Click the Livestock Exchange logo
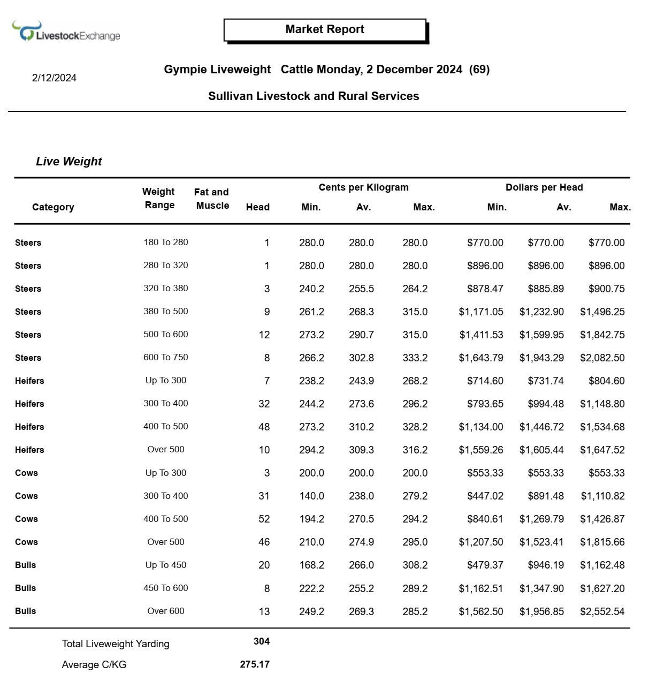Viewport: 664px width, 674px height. (66, 32)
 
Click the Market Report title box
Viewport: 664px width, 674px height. (325, 30)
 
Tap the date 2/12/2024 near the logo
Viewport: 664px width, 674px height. (54, 78)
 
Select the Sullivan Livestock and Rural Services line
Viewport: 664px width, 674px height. (314, 96)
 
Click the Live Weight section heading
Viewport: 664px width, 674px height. (68, 162)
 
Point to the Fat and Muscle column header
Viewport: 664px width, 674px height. (212, 199)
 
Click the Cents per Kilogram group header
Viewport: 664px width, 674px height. (363, 187)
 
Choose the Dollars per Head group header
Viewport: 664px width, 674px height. (544, 187)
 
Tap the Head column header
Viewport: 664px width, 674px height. (257, 207)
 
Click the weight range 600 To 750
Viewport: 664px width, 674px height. (166, 358)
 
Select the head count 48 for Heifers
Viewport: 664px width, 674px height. (264, 427)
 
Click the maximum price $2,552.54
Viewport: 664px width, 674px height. (602, 612)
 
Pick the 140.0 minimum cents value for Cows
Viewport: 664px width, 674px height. (311, 496)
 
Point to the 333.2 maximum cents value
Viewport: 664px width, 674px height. (415, 358)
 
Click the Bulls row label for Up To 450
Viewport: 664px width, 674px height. (26, 565)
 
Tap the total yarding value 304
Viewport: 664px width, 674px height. (261, 641)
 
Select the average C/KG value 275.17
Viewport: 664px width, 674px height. (255, 664)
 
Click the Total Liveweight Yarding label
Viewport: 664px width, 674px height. (116, 644)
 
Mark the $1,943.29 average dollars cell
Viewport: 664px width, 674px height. (541, 358)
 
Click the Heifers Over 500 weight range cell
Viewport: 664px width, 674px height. (166, 450)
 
